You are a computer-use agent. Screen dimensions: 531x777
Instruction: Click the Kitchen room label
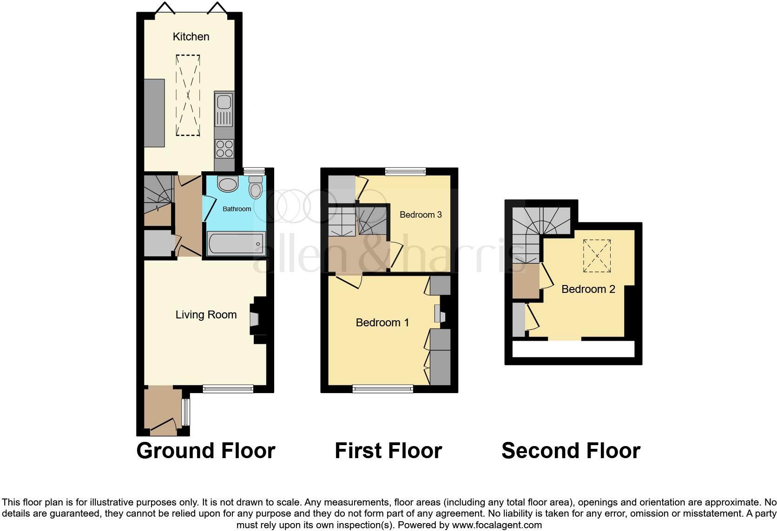(191, 37)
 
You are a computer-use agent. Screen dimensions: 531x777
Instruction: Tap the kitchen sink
(224, 109)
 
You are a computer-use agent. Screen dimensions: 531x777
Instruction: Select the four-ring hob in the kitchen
(224, 149)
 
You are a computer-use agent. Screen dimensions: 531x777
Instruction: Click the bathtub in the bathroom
(236, 243)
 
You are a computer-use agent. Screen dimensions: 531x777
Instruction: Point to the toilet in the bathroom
(256, 188)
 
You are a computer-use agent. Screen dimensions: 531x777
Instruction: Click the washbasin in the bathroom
(228, 184)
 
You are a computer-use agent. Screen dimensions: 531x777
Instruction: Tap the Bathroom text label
(237, 209)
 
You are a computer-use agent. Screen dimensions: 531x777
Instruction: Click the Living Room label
(206, 315)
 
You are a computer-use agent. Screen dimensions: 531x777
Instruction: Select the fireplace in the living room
(257, 319)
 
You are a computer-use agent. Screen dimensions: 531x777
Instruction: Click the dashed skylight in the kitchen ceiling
(188, 95)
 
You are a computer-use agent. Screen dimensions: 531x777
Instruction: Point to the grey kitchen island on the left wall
(154, 113)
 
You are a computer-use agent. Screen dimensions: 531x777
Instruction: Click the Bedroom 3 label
(421, 214)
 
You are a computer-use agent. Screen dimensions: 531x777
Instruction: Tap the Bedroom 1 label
(382, 323)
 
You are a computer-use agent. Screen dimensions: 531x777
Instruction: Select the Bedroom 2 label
(588, 289)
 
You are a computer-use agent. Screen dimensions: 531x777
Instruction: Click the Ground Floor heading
(206, 451)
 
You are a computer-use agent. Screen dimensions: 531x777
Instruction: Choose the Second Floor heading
(571, 451)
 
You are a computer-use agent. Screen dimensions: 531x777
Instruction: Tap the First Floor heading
(388, 451)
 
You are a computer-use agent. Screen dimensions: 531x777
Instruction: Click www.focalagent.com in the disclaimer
(496, 525)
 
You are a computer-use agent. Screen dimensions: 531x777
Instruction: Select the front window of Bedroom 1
(383, 389)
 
